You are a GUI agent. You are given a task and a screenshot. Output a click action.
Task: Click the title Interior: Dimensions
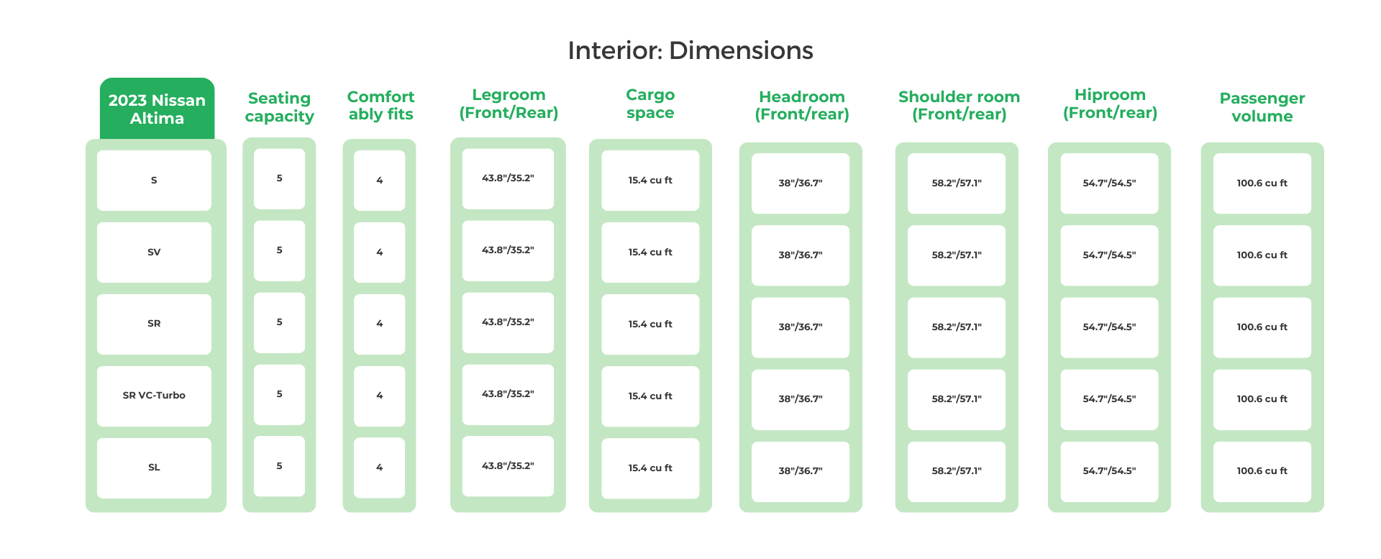pyautogui.click(x=690, y=50)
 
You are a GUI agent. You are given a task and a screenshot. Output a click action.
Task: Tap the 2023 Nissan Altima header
pyautogui.click(x=157, y=109)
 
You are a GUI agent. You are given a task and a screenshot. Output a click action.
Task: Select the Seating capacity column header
pyautogui.click(x=279, y=107)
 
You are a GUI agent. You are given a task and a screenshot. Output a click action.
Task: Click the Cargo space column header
pyautogui.click(x=650, y=104)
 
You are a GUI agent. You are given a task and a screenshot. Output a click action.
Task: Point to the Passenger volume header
pyautogui.click(x=1262, y=107)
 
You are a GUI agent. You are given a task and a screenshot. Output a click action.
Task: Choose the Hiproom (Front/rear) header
pyautogui.click(x=1110, y=104)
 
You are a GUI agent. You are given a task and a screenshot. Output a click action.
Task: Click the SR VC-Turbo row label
pyautogui.click(x=154, y=396)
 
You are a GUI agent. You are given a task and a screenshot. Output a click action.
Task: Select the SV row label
pyautogui.click(x=154, y=253)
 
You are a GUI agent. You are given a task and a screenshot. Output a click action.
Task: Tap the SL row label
pyautogui.click(x=154, y=468)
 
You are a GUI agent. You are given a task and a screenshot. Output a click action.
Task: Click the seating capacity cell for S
pyautogui.click(x=279, y=178)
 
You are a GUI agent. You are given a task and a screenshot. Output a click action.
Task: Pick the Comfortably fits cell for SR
pyautogui.click(x=379, y=324)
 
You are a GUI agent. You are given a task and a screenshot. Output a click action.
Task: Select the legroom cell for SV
pyautogui.click(x=508, y=250)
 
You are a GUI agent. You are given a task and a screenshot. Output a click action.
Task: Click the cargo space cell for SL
pyautogui.click(x=650, y=468)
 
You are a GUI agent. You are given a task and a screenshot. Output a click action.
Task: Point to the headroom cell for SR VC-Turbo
pyautogui.click(x=800, y=399)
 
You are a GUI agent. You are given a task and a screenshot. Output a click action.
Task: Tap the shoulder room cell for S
pyautogui.click(x=956, y=183)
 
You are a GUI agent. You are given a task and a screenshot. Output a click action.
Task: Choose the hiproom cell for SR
pyautogui.click(x=1109, y=327)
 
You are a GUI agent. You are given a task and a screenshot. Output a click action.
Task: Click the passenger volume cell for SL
pyautogui.click(x=1262, y=471)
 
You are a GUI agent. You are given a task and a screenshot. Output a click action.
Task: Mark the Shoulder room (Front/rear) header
pyautogui.click(x=959, y=105)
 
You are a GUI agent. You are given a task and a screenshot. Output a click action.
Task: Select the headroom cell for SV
pyautogui.click(x=800, y=255)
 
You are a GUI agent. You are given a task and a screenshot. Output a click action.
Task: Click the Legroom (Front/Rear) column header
pyautogui.click(x=509, y=104)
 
